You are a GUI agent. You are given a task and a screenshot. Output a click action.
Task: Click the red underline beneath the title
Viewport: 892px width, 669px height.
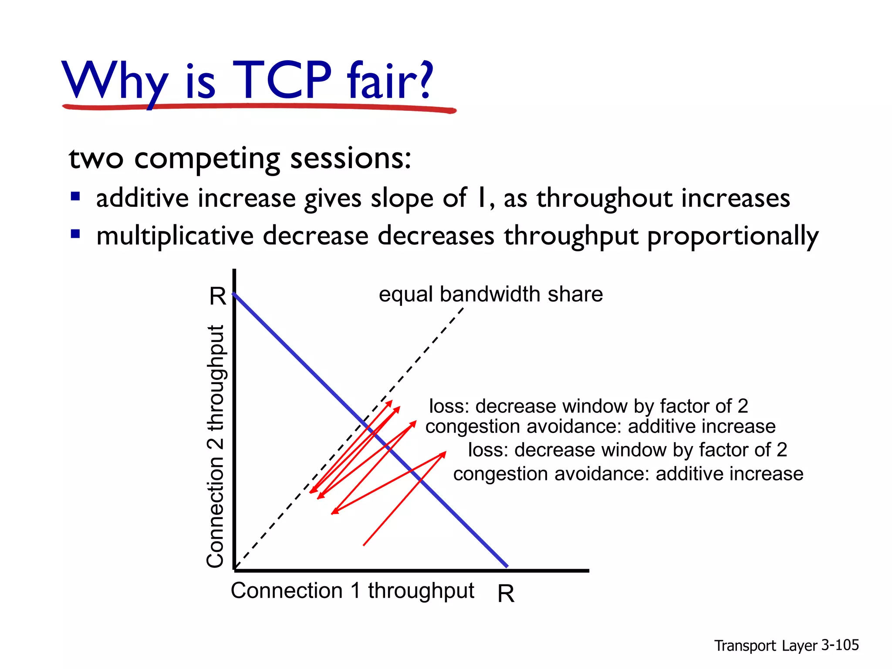[259, 107]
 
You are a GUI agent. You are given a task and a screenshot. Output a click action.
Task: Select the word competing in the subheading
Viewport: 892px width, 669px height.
[207, 159]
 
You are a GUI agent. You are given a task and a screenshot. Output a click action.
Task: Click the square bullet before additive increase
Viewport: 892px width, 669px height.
[75, 196]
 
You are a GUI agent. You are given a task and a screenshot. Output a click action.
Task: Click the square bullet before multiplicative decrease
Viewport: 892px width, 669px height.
[75, 234]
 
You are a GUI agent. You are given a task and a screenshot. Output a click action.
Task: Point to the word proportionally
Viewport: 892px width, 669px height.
[733, 237]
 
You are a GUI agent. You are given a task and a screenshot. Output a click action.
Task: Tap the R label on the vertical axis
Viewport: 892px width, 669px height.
[217, 296]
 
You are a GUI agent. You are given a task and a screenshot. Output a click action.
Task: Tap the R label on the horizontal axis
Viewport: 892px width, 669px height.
[506, 593]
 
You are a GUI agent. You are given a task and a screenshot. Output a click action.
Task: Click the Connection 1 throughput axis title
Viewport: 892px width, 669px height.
[352, 591]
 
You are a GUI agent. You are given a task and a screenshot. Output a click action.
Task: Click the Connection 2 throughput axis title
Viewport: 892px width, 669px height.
[216, 446]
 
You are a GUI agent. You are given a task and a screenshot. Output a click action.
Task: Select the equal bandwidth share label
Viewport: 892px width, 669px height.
[490, 294]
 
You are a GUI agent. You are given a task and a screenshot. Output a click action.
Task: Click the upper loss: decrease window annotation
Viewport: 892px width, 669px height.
[588, 406]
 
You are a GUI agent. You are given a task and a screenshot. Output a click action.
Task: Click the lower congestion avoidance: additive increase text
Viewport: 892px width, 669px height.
[628, 473]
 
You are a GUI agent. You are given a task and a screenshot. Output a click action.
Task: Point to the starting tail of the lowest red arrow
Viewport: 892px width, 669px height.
[364, 544]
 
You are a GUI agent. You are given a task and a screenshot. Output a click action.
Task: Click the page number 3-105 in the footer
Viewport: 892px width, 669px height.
[840, 645]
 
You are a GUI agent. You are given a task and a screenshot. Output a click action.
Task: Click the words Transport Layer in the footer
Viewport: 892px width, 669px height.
[766, 645]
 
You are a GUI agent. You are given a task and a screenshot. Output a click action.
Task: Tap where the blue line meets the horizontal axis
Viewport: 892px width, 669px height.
[507, 567]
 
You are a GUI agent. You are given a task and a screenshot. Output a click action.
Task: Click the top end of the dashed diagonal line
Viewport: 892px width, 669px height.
[463, 308]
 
